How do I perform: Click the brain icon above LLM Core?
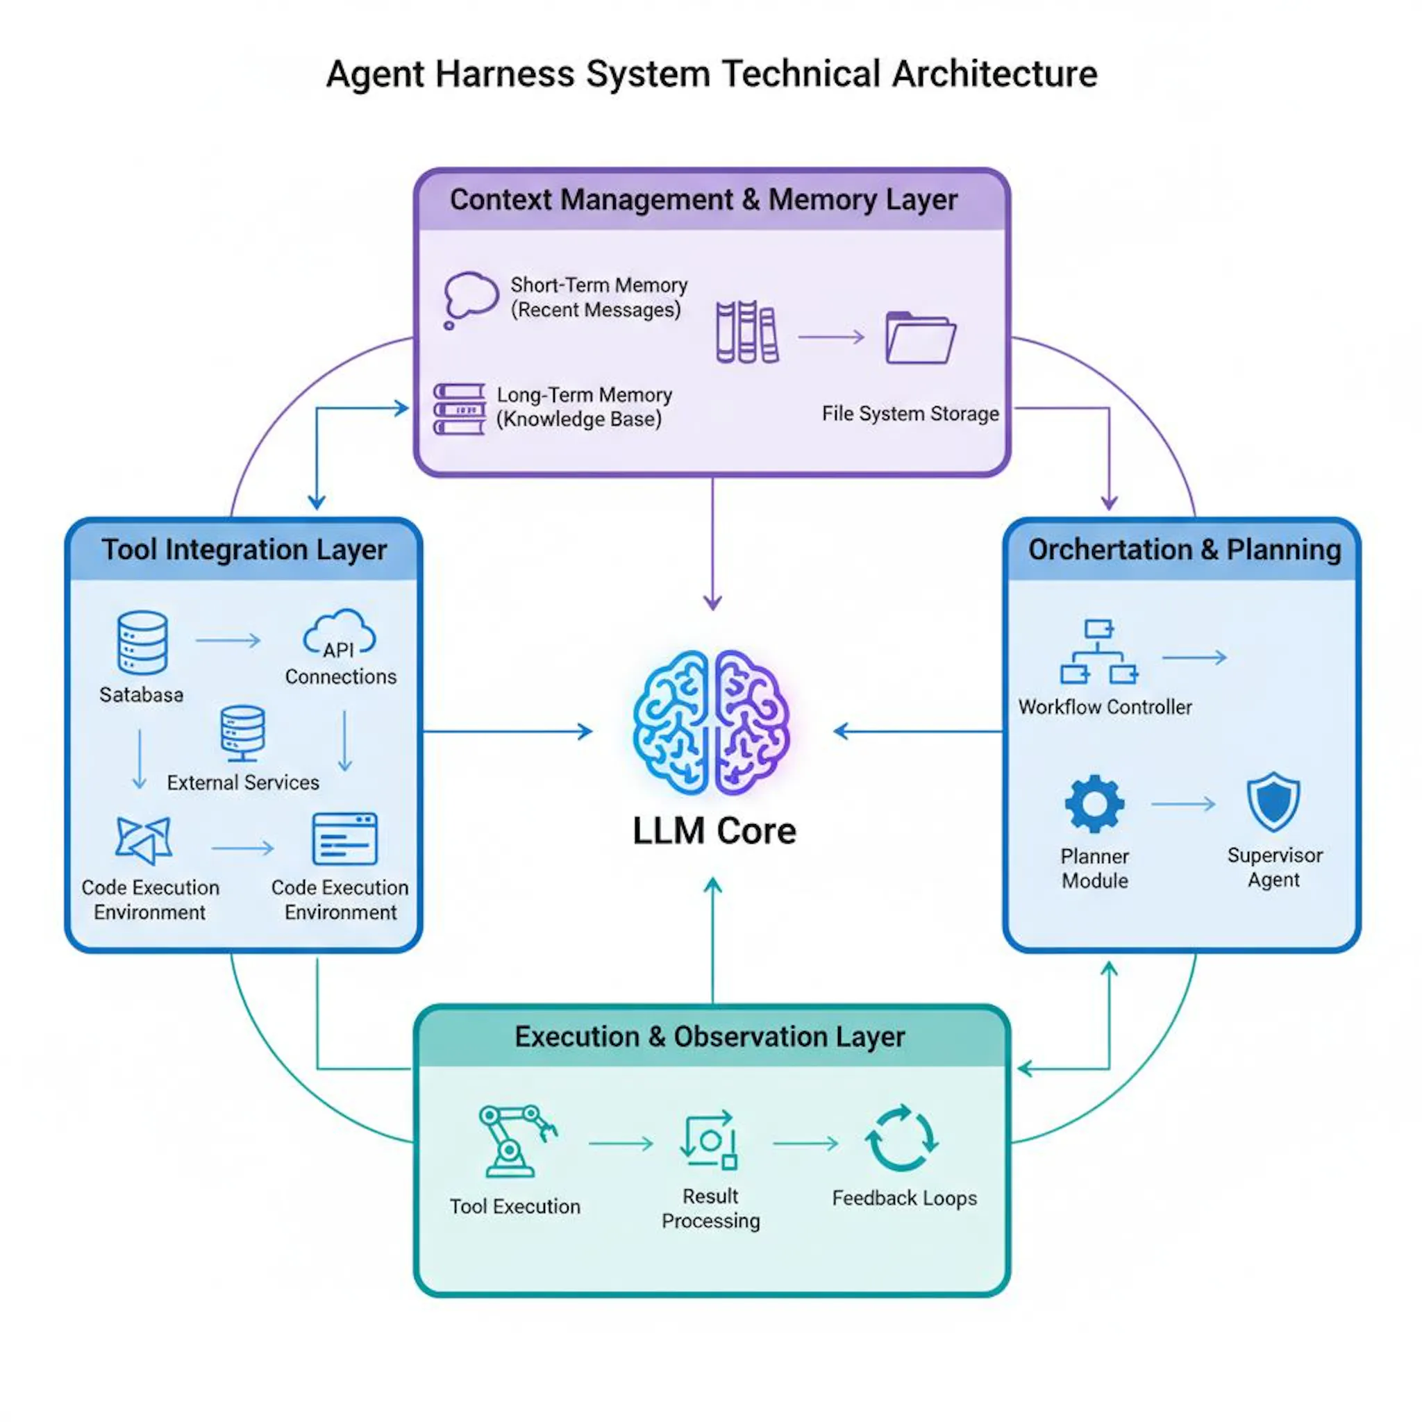click(x=712, y=722)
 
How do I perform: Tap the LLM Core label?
click(x=714, y=831)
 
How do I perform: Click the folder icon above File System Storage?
click(x=920, y=338)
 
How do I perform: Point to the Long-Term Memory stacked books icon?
click(x=459, y=409)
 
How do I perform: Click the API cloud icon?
click(x=340, y=632)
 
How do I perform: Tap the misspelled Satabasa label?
click(x=142, y=694)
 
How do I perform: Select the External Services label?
click(x=243, y=782)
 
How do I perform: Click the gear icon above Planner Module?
click(x=1094, y=804)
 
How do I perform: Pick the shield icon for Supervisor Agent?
click(x=1273, y=801)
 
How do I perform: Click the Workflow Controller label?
click(x=1105, y=707)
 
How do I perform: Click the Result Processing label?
click(x=710, y=1209)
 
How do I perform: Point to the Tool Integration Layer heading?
click(x=244, y=550)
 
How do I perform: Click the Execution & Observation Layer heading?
click(x=710, y=1037)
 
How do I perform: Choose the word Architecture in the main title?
click(x=994, y=74)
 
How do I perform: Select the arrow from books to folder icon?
click(x=832, y=337)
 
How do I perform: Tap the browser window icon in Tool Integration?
click(x=344, y=838)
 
